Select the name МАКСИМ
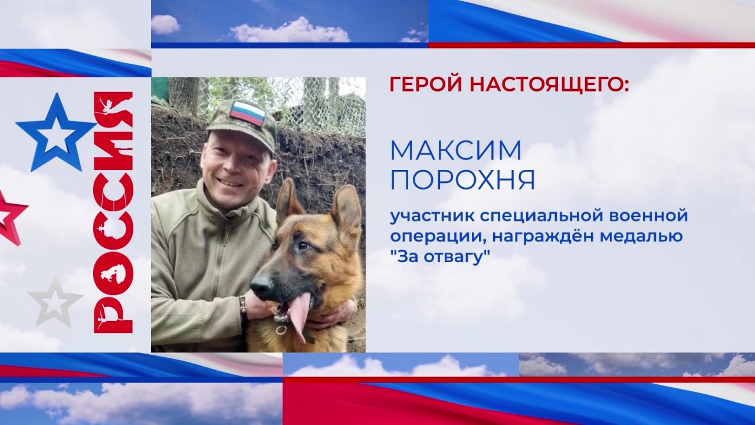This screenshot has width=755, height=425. (456, 151)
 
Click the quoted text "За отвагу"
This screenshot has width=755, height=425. (440, 257)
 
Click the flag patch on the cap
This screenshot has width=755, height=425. (247, 113)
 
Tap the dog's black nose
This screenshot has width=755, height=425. (261, 284)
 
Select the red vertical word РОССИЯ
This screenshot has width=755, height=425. (113, 212)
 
